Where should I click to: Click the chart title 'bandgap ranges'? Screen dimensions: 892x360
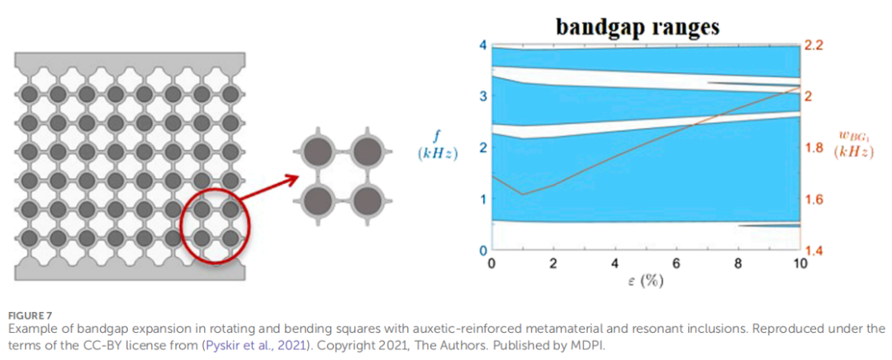pyautogui.click(x=637, y=26)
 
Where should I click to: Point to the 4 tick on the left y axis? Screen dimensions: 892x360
pyautogui.click(x=483, y=45)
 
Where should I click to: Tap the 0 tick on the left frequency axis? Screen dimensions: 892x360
pyautogui.click(x=484, y=250)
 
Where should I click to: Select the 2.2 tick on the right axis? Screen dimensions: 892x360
pyautogui.click(x=816, y=45)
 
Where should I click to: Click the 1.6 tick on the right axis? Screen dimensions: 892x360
pyautogui.click(x=816, y=199)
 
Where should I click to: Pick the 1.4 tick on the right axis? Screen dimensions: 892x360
pyautogui.click(x=816, y=251)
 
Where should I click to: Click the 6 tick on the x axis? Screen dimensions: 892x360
pyautogui.click(x=676, y=264)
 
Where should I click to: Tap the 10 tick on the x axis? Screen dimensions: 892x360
pyautogui.click(x=799, y=264)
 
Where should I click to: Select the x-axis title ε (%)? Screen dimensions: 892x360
pyautogui.click(x=646, y=281)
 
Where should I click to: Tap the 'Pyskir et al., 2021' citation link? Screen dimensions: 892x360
pyautogui.click(x=251, y=343)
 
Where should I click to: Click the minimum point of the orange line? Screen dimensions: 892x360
pyautogui.click(x=522, y=194)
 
